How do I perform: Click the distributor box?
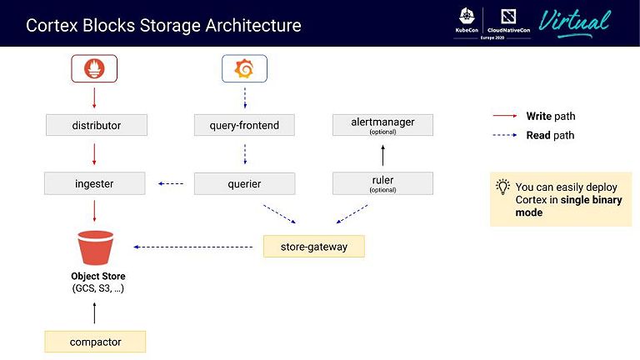(x=96, y=126)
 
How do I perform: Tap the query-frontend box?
(x=244, y=126)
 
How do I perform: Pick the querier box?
(x=244, y=183)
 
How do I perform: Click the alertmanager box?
(x=382, y=126)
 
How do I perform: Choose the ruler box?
(x=382, y=182)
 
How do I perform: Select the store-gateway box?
(x=313, y=246)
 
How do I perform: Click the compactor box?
(x=95, y=341)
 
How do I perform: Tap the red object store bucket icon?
(x=95, y=247)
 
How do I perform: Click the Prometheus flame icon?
(x=94, y=68)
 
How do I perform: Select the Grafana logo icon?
(x=244, y=68)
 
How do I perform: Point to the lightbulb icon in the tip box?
(x=502, y=187)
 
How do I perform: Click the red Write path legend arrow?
(x=506, y=117)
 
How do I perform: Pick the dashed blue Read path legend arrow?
(x=506, y=135)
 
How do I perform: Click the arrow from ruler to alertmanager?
(x=382, y=155)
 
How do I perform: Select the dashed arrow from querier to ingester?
(x=170, y=183)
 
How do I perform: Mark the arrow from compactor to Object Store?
(x=94, y=313)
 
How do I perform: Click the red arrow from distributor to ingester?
(x=94, y=154)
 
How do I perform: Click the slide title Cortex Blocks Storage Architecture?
(x=163, y=25)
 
